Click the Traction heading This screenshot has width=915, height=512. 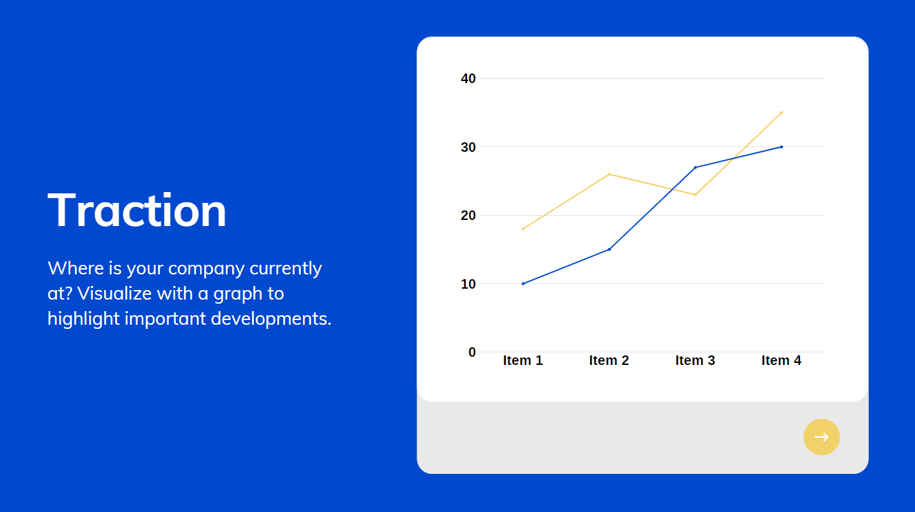(137, 210)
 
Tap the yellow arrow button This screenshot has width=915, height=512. (822, 437)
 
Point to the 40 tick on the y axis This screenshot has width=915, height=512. (468, 78)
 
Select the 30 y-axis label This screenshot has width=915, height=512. (468, 147)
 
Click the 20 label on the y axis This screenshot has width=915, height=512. (468, 215)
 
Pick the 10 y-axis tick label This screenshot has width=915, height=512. (468, 284)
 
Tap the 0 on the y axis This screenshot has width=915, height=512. (472, 352)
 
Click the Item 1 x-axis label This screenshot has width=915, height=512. (523, 360)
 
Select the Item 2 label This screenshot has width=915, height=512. (609, 360)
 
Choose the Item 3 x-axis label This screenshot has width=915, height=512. (695, 360)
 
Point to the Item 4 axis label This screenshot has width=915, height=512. (782, 360)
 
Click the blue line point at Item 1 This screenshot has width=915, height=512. (523, 284)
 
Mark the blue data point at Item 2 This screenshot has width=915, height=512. (609, 249)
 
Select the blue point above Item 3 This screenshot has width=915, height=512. (695, 167)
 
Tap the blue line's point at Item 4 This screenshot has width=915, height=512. (782, 146)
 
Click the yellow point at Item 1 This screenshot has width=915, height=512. (523, 229)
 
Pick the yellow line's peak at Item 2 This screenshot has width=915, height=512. (609, 174)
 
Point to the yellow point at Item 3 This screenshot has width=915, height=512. (695, 195)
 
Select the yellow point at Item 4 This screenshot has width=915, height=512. (782, 112)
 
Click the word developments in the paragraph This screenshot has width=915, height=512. (271, 319)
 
